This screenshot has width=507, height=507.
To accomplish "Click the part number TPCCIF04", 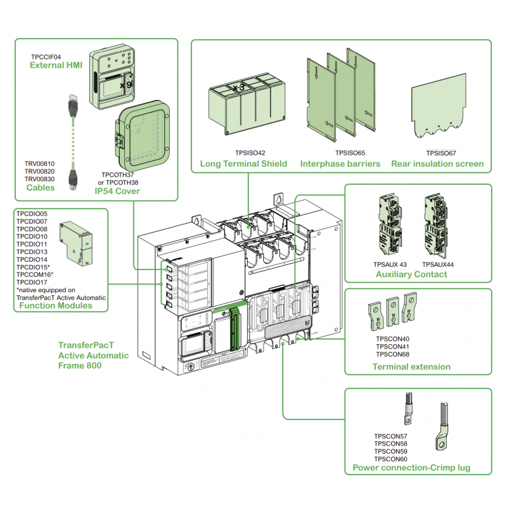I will coord(46,56).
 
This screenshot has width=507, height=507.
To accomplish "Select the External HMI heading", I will coord(56,65).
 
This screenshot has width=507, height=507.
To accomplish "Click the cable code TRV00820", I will coord(39,171).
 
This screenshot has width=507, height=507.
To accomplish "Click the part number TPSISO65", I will coord(350,153).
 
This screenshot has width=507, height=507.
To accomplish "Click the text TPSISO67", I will coord(441,153).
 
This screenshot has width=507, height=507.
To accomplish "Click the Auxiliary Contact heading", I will coord(411,274).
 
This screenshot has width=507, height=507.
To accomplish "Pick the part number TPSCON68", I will coord(392,354).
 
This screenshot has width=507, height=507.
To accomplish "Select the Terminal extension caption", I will coord(411,366).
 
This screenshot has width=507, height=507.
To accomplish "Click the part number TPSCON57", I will coord(390,436).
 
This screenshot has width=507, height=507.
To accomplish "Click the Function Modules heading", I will coord(55,305).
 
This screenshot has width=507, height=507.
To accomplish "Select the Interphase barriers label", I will coord(340,164).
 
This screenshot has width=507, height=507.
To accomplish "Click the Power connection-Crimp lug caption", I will coord(411,468).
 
